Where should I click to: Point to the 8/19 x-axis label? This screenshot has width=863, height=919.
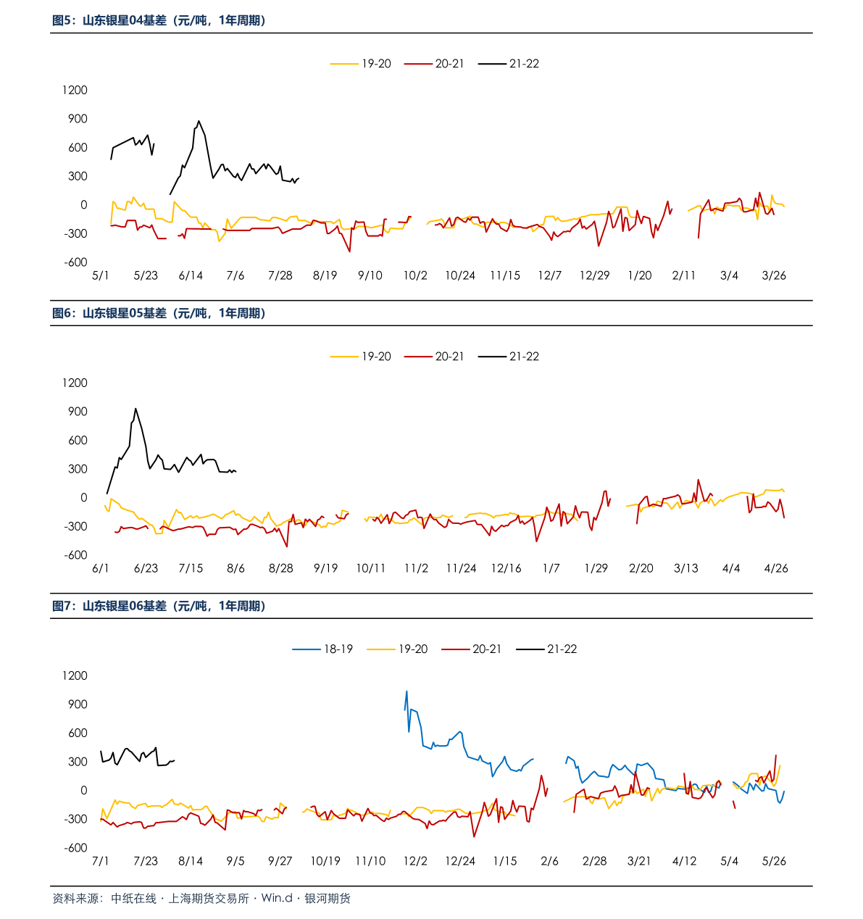pyautogui.click(x=325, y=275)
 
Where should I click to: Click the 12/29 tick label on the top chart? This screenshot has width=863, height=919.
pyautogui.click(x=595, y=275)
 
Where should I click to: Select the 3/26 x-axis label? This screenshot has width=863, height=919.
pyautogui.click(x=774, y=275)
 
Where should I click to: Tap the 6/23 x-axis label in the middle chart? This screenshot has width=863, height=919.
pyautogui.click(x=146, y=568)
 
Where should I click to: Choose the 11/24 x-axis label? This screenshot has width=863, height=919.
pyautogui.click(x=462, y=568)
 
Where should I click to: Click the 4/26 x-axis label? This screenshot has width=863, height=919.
pyautogui.click(x=776, y=568)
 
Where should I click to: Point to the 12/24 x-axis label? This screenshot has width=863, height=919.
pyautogui.click(x=460, y=861)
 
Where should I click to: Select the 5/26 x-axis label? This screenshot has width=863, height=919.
pyautogui.click(x=774, y=861)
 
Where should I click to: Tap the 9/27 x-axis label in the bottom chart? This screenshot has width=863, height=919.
pyautogui.click(x=280, y=861)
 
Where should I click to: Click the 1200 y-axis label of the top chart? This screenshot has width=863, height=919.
pyautogui.click(x=75, y=91)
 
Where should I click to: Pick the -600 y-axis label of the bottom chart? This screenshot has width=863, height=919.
pyautogui.click(x=75, y=848)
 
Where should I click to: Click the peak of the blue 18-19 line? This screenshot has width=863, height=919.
pyautogui.click(x=407, y=691)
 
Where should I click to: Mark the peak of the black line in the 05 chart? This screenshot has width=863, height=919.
pyautogui.click(x=136, y=408)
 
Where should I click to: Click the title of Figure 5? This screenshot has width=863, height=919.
pyautogui.click(x=159, y=21)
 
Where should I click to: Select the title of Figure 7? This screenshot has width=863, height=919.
pyautogui.click(x=159, y=606)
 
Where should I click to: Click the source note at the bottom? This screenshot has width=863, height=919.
pyautogui.click(x=201, y=899)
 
